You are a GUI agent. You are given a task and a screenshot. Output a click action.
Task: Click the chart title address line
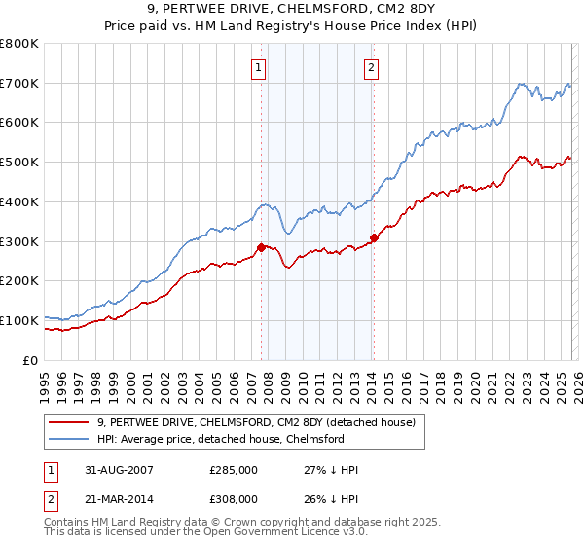292,8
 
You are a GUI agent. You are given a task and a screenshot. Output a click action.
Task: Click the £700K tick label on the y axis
19,84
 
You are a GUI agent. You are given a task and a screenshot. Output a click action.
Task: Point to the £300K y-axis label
19,241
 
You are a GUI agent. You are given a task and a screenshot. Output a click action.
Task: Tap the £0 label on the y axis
32,360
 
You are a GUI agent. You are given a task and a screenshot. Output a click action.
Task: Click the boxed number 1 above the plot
259,67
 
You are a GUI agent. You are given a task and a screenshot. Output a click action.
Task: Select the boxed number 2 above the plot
372,67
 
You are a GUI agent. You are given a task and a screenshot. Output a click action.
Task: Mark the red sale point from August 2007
261,247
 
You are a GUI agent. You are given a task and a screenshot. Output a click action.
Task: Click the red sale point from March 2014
374,237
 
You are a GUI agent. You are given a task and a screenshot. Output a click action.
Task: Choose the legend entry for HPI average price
220,439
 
